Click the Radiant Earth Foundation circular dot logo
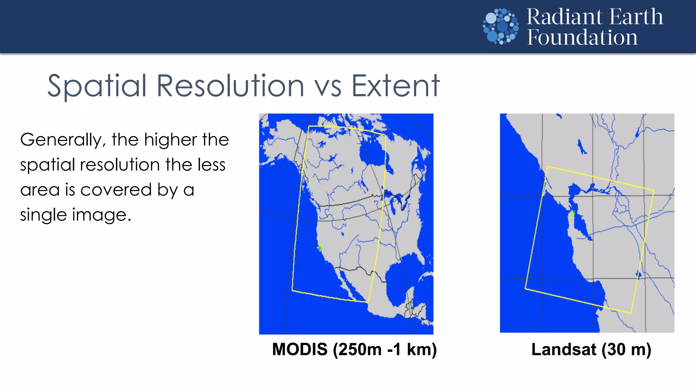pyautogui.click(x=501, y=26)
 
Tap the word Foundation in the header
pyautogui.click(x=582, y=37)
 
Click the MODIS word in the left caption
pyautogui.click(x=300, y=350)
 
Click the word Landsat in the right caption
pyautogui.click(x=563, y=350)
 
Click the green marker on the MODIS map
pyautogui.click(x=319, y=247)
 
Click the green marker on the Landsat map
pyautogui.click(x=572, y=213)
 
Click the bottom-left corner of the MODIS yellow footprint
pyautogui.click(x=292, y=291)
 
